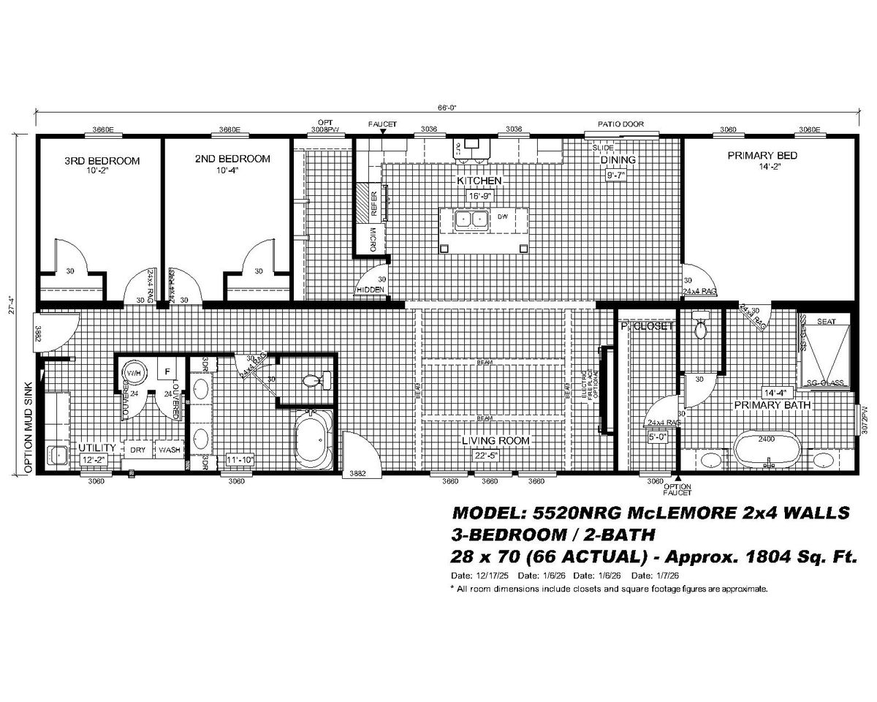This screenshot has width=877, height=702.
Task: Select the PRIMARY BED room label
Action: [762, 155]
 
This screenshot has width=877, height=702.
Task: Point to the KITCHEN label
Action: [479, 180]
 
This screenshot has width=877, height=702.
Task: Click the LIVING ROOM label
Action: [495, 441]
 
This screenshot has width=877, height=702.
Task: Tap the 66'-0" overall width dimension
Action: [447, 107]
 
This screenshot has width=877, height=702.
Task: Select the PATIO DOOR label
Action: [620, 124]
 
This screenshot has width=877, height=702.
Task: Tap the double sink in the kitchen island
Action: [471, 219]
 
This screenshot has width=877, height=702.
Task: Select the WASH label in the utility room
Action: [170, 450]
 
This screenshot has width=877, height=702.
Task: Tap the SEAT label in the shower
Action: [827, 322]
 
